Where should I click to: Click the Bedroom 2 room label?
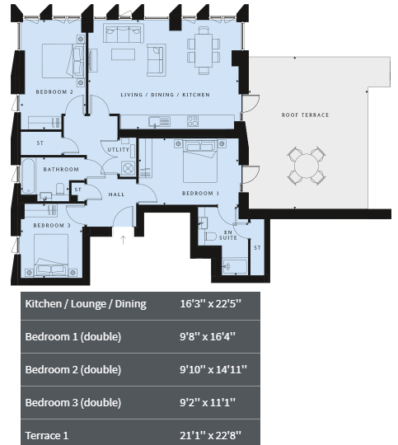(x=54, y=92)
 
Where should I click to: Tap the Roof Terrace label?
(x=305, y=115)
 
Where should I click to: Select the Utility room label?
(x=119, y=149)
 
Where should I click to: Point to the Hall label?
(x=116, y=194)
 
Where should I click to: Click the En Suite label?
(x=228, y=235)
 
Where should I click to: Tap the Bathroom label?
(x=61, y=170)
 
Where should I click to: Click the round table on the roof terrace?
(x=307, y=166)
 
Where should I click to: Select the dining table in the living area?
(x=204, y=50)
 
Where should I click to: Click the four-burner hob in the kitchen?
(x=193, y=121)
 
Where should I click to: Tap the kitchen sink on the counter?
(x=159, y=121)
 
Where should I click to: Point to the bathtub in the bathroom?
(x=28, y=176)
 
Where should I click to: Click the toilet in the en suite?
(x=210, y=237)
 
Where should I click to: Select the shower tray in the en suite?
(x=235, y=266)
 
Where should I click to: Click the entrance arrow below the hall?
(x=123, y=240)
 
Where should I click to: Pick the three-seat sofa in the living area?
(x=124, y=34)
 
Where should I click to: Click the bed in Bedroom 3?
(x=51, y=255)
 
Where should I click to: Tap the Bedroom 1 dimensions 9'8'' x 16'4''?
(x=208, y=336)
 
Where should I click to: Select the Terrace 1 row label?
(x=47, y=435)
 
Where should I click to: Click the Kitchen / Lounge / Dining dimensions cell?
(x=210, y=303)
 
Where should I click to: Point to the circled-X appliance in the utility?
(x=128, y=169)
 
